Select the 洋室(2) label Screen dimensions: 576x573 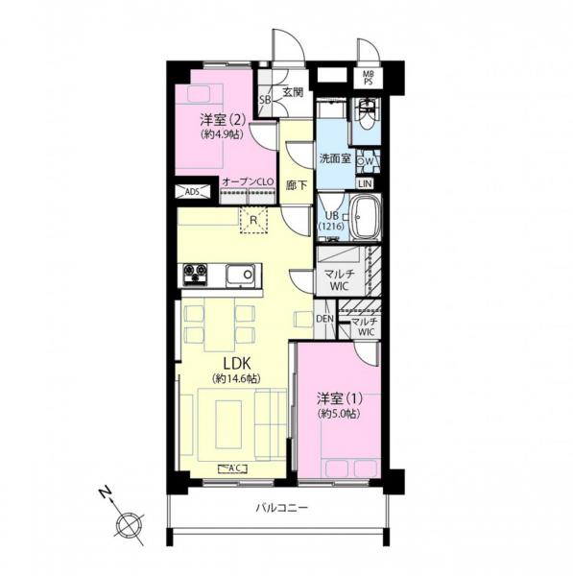221,121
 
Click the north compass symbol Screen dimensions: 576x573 127,523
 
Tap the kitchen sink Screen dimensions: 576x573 240,276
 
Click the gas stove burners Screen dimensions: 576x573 195,276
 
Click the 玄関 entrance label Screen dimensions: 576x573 293,93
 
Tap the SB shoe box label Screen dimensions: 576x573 265,99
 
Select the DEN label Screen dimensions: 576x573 323,319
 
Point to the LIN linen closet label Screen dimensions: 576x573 366,184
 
